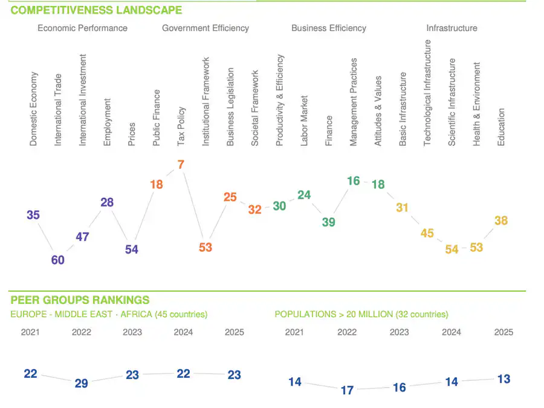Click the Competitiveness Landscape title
point(96,10)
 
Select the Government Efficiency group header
point(205,28)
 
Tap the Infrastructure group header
point(452,28)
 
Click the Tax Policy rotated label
point(181,127)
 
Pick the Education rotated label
point(501,127)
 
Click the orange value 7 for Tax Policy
point(181,165)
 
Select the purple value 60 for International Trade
point(58,260)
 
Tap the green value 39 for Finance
point(328,222)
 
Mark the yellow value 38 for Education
point(501,221)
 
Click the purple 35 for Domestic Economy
point(33,215)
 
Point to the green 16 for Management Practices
point(354,181)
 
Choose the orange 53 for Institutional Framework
point(206,247)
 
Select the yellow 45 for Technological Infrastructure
point(427,233)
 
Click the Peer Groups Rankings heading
point(80,300)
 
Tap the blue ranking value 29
point(81,383)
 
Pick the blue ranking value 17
point(347,390)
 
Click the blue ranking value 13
point(504,380)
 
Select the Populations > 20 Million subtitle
point(361,315)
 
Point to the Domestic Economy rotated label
point(34,109)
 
